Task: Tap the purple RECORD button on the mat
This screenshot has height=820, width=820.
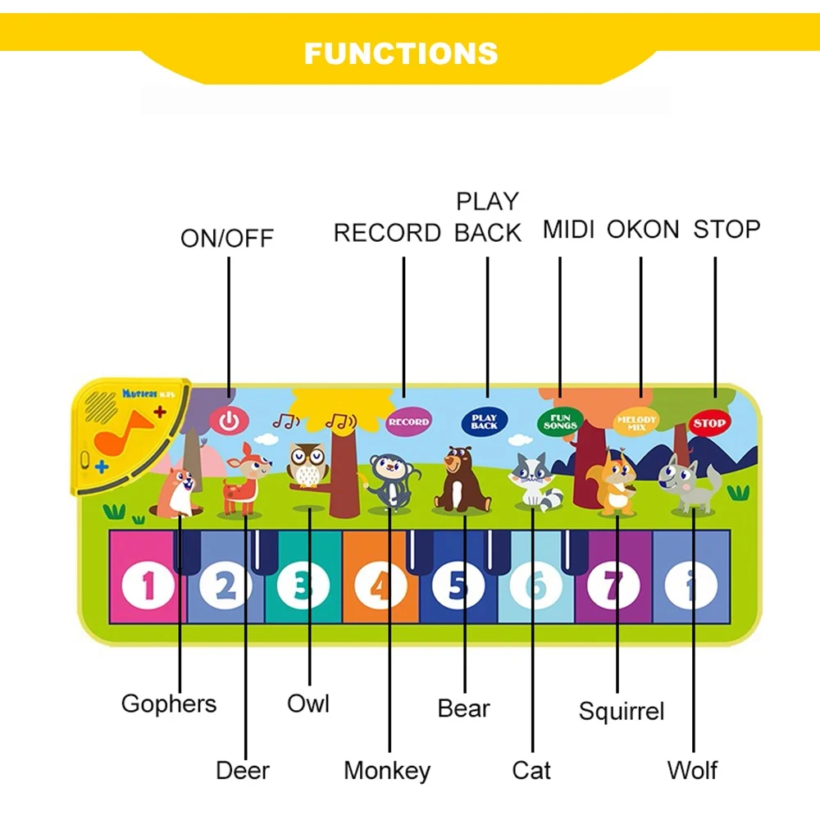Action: point(408,421)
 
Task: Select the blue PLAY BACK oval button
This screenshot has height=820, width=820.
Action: point(484,421)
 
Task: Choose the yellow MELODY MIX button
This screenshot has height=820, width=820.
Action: point(636,421)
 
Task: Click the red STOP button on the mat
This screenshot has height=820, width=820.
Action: point(708,423)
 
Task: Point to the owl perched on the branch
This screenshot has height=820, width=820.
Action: point(307,465)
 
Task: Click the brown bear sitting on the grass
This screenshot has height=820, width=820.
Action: point(462,481)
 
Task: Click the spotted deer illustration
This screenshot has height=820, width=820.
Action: point(244,480)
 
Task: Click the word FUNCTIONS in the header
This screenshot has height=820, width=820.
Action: point(401,53)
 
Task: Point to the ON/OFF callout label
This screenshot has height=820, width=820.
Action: point(227,239)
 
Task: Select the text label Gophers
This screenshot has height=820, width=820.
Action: point(169,704)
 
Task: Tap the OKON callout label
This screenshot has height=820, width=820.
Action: point(643,230)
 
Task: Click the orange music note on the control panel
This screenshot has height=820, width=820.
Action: point(121,432)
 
